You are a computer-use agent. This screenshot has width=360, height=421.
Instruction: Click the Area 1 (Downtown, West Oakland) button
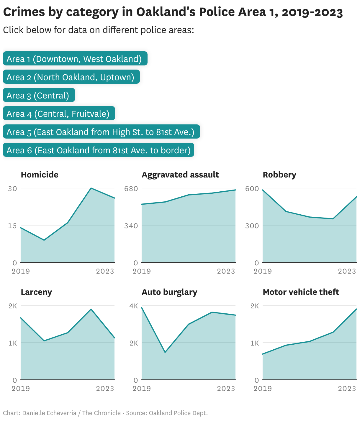75,59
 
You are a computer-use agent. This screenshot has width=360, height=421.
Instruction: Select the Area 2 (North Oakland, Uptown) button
71,77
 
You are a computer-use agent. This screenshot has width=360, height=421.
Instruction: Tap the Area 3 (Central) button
39,95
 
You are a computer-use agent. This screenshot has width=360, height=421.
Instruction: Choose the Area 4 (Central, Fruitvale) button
59,114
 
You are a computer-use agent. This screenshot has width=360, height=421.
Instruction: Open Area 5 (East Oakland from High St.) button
101,132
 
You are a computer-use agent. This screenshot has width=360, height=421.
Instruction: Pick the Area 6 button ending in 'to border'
98,150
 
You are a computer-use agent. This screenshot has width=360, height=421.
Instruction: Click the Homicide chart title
40,175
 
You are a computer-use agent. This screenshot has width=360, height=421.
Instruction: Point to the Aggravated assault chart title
180,175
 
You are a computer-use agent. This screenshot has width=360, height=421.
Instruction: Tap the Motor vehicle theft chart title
301,292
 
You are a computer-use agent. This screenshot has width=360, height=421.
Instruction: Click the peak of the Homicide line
91,188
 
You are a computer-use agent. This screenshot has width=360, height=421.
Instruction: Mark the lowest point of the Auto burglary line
165,352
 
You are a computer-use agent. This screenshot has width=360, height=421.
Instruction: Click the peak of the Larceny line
91,309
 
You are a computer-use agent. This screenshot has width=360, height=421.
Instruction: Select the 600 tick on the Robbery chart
252,188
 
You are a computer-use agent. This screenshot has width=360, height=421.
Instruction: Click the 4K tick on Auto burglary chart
134,306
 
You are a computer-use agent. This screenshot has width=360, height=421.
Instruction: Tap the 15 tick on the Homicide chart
12,226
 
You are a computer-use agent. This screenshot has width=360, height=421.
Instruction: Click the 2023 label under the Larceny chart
105,388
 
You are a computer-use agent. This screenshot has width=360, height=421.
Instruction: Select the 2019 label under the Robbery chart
263,271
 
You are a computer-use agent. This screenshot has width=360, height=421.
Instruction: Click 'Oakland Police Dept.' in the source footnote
178,413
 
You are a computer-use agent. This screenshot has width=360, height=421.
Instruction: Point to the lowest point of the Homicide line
44,240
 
